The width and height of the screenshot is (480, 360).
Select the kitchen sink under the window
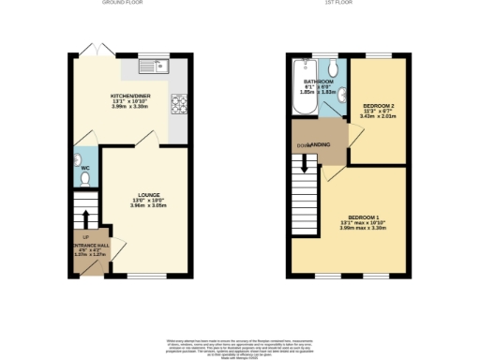151,66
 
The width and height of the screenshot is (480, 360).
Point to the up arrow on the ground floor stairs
85,217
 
